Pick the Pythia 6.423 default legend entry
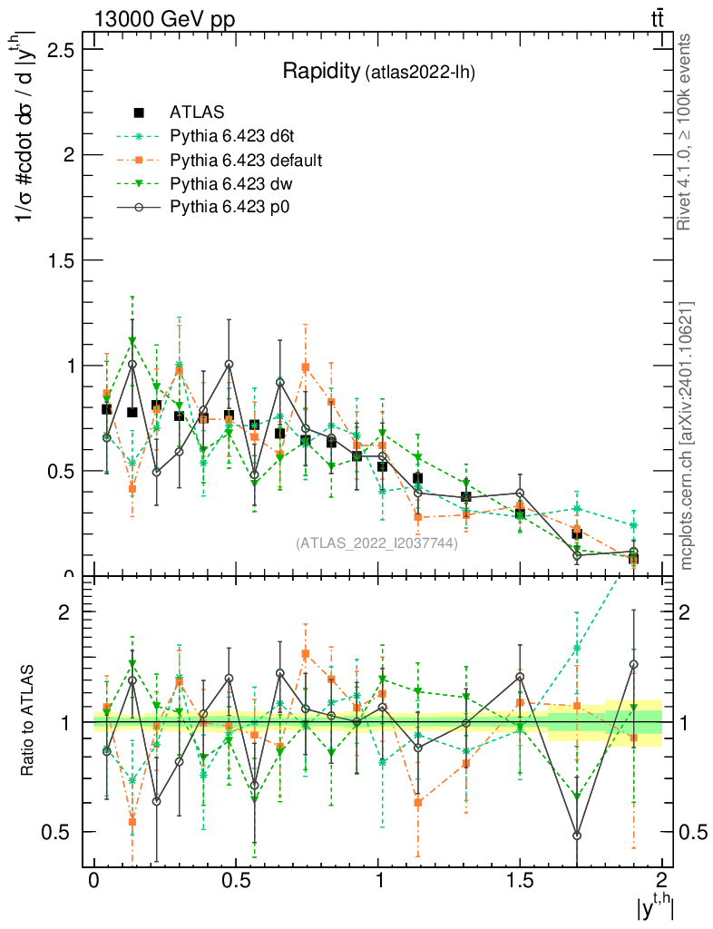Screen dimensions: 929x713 [x=246, y=161]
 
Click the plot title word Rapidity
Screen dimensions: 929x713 [x=320, y=72]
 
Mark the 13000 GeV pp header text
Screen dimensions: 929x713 [x=163, y=21]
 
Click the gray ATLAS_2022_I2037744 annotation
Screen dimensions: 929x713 [x=376, y=544]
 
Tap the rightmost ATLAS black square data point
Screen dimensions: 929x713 [x=633, y=558]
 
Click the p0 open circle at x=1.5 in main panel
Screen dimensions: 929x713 [x=520, y=494]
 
